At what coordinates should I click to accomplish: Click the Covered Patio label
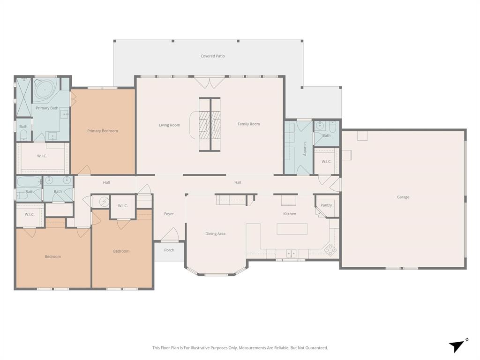pos(212,56)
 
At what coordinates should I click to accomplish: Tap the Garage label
pos(403,197)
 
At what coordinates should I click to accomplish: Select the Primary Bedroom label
pos(102,131)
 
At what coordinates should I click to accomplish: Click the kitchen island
pos(292,229)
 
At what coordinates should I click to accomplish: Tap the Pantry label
pos(326,205)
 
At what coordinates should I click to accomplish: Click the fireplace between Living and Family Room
pos(210,124)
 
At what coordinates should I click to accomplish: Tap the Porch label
pos(169,250)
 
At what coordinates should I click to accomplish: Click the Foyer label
pos(169,214)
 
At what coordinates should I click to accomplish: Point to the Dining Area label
pos(215,233)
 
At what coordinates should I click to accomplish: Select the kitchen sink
pos(291,254)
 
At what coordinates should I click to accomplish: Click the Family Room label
pos(248,124)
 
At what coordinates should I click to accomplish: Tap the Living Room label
pos(169,125)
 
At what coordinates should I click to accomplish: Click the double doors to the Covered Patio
pos(210,83)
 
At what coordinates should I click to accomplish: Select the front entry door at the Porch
pos(169,235)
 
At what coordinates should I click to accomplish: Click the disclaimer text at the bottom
pos(240,348)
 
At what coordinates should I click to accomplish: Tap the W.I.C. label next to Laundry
pos(326,162)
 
